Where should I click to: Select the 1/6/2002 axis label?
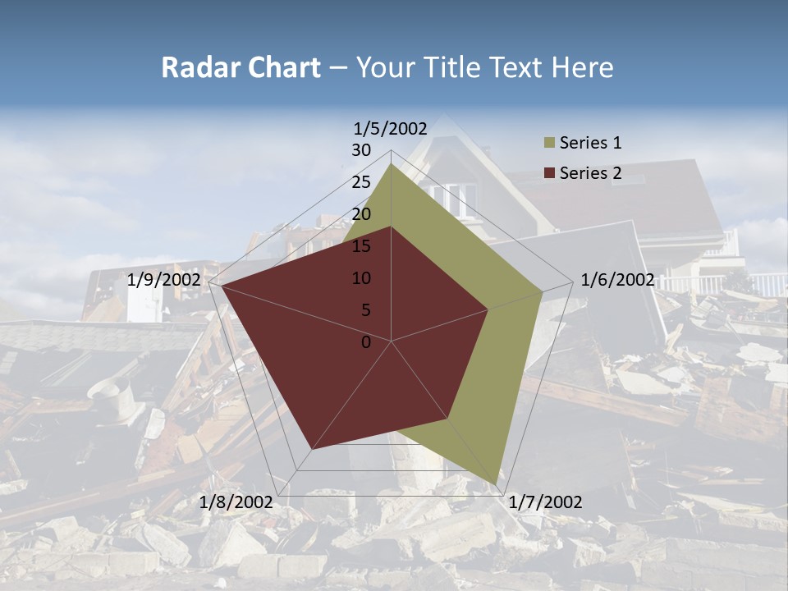tap(617, 280)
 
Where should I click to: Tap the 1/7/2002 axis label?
tap(545, 502)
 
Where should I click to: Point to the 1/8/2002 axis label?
tap(236, 502)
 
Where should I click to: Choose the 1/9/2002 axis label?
tap(164, 280)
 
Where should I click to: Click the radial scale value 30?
tap(361, 150)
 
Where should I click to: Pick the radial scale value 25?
tap(361, 182)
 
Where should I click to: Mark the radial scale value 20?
tap(361, 214)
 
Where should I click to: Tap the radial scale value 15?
tap(361, 246)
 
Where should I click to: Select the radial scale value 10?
tap(361, 278)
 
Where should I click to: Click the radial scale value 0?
tap(366, 342)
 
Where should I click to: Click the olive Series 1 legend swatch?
tap(548, 144)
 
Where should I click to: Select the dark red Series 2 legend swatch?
tap(548, 173)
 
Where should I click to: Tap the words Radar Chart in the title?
tap(241, 67)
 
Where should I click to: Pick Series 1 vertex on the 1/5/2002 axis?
tap(392, 164)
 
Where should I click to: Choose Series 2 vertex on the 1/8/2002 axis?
tap(312, 450)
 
